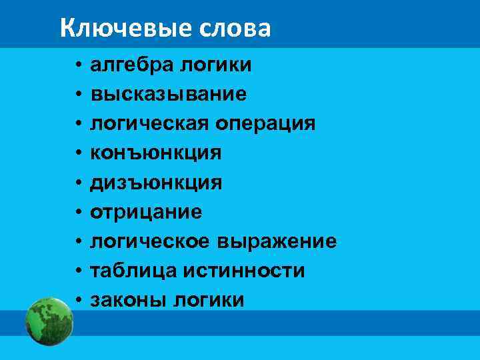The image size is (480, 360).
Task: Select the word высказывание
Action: tap(169, 95)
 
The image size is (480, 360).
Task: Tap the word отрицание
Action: tap(146, 212)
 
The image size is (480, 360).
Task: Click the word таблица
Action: tap(129, 271)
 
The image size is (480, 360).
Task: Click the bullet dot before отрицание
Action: tap(78, 213)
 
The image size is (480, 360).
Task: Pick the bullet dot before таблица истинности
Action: tap(78, 271)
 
